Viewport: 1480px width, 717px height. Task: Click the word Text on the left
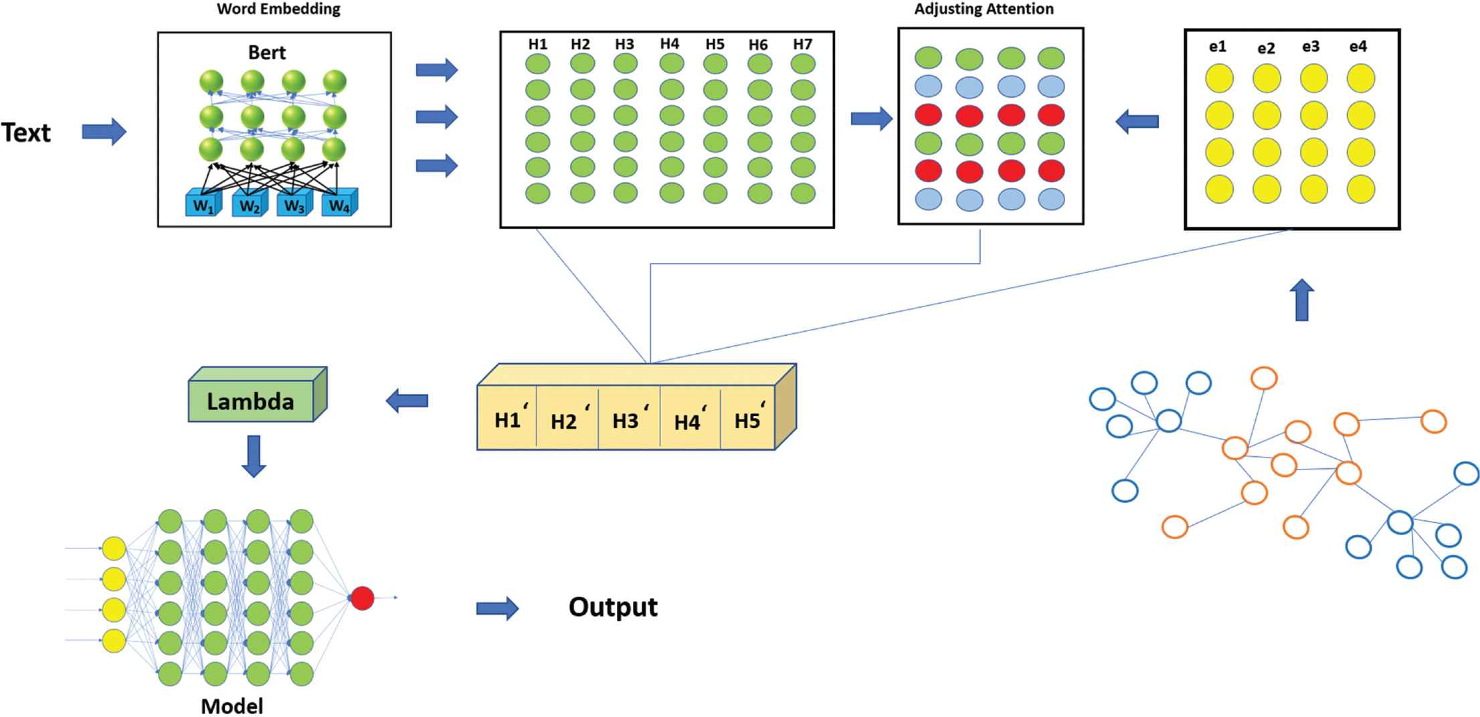click(x=26, y=132)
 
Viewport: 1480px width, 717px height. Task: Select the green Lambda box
click(x=252, y=401)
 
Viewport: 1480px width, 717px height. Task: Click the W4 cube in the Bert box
click(x=339, y=205)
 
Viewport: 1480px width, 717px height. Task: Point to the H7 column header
click(x=802, y=44)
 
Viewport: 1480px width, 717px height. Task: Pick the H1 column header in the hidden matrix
click(x=537, y=44)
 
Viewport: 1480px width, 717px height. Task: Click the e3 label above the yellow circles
click(x=1311, y=46)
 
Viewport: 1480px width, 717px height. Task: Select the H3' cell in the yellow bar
click(x=628, y=421)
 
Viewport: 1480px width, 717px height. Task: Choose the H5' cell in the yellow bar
click(x=748, y=421)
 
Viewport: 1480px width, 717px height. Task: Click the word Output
click(x=613, y=607)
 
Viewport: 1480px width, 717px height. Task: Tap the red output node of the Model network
click(x=363, y=598)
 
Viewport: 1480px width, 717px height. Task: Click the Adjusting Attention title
click(x=984, y=9)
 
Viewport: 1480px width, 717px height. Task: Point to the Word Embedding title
click(x=278, y=9)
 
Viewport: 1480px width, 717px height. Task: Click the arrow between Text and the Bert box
click(x=104, y=132)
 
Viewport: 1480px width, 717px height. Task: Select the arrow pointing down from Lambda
click(x=253, y=455)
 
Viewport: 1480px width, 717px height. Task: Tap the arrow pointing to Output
click(x=497, y=609)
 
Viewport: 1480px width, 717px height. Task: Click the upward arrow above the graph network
click(x=1301, y=300)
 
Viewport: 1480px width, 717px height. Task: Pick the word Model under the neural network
click(x=232, y=706)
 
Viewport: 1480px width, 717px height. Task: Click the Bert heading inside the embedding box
click(x=267, y=52)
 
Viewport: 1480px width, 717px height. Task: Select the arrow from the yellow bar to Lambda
click(x=407, y=401)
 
